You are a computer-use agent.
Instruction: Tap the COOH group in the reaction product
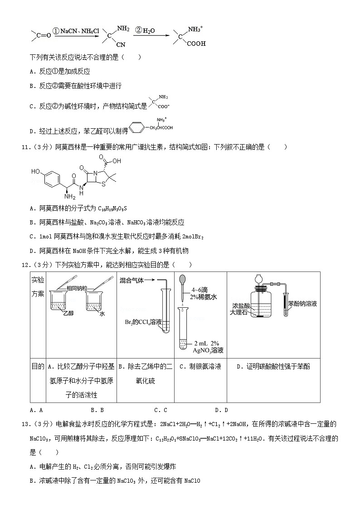click(x=196, y=44)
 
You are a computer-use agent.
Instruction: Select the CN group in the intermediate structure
click(x=121, y=45)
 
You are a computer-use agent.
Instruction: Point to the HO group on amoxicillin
click(x=36, y=172)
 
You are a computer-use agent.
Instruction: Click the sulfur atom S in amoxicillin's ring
click(x=104, y=184)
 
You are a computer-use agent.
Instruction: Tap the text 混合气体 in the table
click(x=132, y=281)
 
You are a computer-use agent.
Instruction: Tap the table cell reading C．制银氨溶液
click(x=200, y=367)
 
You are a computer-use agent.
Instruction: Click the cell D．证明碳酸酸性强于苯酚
click(x=273, y=367)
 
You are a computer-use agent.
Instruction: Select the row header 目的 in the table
click(x=38, y=367)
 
